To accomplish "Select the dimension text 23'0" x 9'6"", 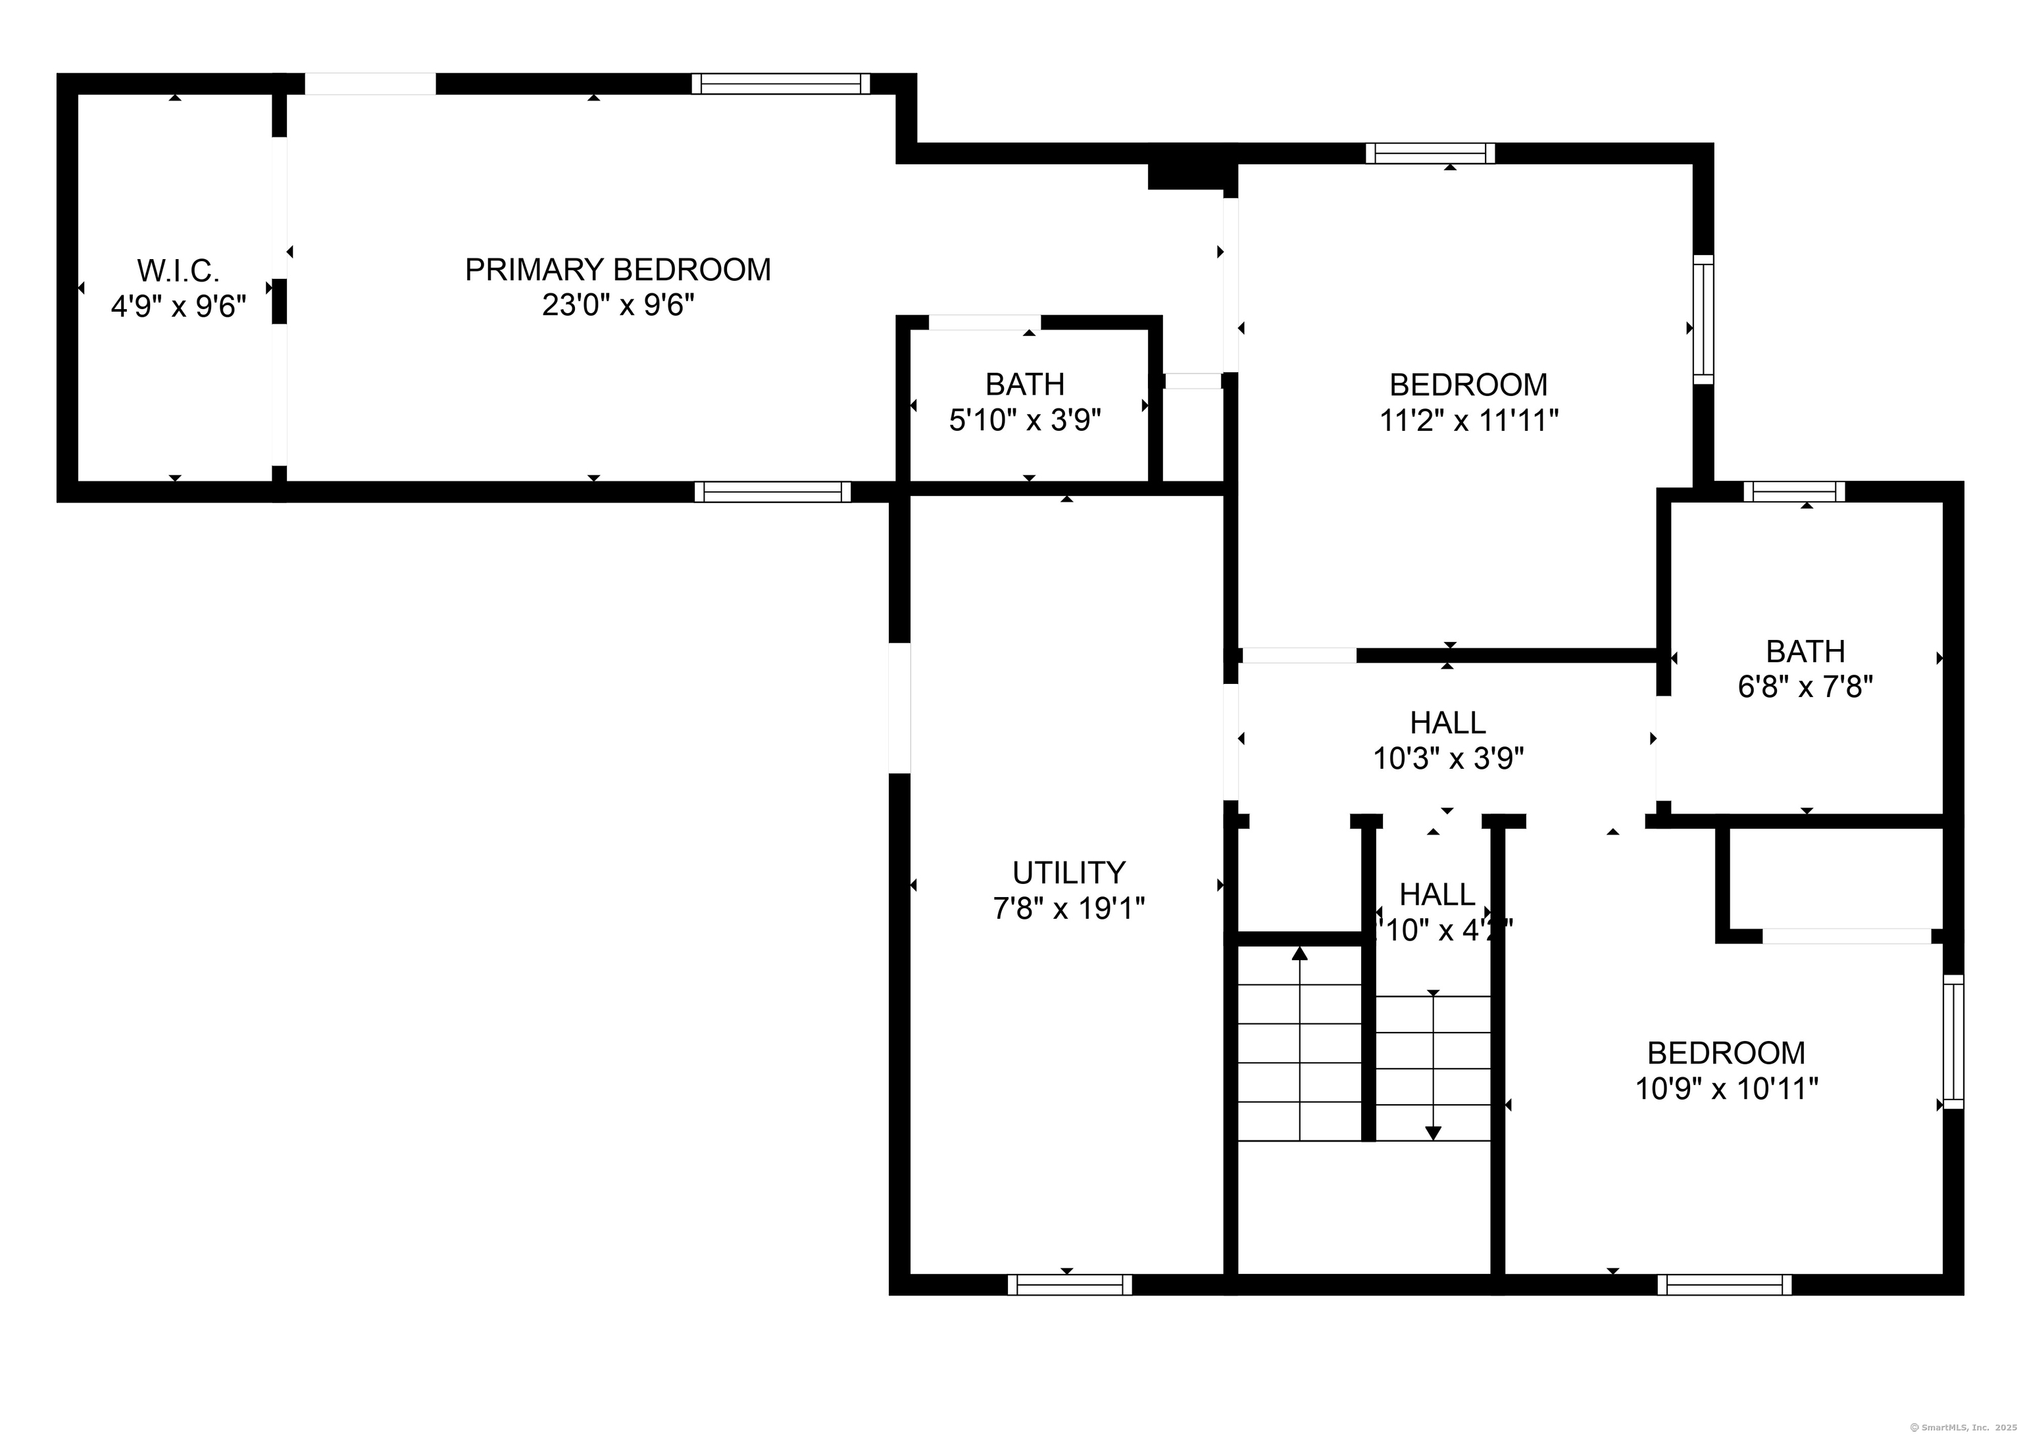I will pyautogui.click(x=618, y=306).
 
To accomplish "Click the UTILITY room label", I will pyautogui.click(x=1068, y=873).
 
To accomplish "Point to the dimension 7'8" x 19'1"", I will pyautogui.click(x=1068, y=908).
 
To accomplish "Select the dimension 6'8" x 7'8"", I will pyautogui.click(x=1805, y=687).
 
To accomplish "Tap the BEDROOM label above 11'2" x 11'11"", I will pyautogui.click(x=1468, y=385).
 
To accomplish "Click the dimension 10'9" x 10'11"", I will pyautogui.click(x=1726, y=1088).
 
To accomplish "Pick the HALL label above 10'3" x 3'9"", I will pyautogui.click(x=1447, y=723).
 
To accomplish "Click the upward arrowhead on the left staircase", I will pyautogui.click(x=1299, y=954).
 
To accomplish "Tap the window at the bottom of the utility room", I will pyautogui.click(x=1069, y=1285).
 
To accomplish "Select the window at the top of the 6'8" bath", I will pyautogui.click(x=1794, y=491).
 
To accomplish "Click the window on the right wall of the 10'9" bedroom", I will pyautogui.click(x=1953, y=1042).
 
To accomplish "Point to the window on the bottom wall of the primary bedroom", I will pyautogui.click(x=772, y=492).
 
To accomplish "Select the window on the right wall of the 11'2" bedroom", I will pyautogui.click(x=1703, y=320).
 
